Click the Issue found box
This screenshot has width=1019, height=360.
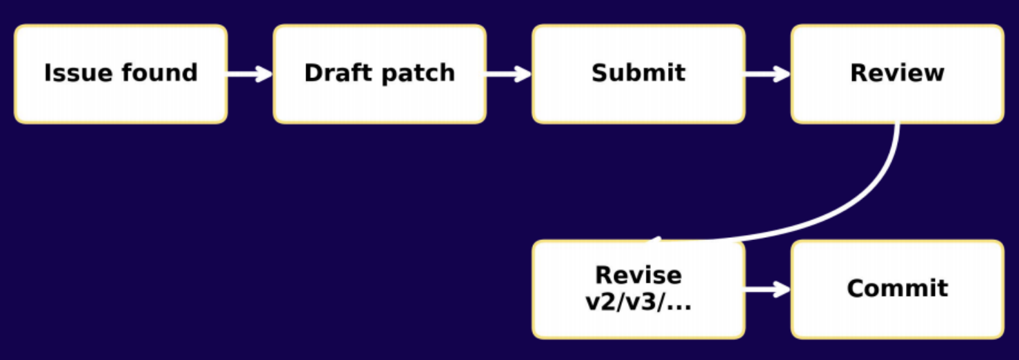pos(121,74)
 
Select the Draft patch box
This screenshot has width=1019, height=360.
pos(380,74)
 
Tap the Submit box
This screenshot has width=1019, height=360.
pos(638,74)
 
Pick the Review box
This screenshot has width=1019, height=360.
pos(898,74)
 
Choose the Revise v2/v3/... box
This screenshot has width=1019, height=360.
pos(638,290)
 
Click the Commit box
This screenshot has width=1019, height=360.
pos(898,290)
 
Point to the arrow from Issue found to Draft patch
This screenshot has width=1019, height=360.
pos(250,74)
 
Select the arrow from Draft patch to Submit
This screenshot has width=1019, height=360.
pos(509,74)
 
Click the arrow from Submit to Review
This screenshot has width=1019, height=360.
pos(768,74)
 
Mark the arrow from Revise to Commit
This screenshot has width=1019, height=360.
pos(768,290)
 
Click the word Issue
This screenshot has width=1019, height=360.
pos(78,73)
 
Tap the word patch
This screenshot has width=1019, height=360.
pos(418,74)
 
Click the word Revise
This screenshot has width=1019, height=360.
pos(638,275)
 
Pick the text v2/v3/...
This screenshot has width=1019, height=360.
pos(632,302)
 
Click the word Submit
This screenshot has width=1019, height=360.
pos(638,73)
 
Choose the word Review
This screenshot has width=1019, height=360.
pos(898,73)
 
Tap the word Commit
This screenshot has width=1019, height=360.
pos(898,288)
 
